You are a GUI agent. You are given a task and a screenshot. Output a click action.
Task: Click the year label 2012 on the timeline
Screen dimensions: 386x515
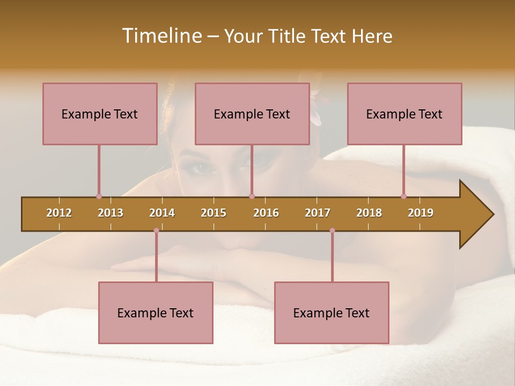59,213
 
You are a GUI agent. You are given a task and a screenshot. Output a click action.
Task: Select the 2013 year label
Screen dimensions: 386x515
111,213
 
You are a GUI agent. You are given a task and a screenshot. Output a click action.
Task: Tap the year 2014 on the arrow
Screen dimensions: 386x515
162,213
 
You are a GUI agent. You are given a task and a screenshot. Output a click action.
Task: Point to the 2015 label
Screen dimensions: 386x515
214,213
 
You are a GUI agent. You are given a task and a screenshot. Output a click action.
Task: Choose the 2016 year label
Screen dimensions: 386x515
266,213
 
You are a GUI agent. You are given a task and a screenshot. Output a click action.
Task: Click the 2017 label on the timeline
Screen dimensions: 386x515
318,213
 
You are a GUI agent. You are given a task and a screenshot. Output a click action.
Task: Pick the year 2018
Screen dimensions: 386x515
369,213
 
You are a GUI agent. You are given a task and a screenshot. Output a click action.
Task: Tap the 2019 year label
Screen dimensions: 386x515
421,213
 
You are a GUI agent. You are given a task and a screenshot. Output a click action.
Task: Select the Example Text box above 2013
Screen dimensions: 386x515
100,114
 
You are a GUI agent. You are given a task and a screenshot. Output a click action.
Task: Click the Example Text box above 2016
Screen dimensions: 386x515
252,114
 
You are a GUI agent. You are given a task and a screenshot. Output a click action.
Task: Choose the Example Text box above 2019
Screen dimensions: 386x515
404,114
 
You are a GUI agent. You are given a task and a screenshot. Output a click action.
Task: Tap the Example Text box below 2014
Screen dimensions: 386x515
156,313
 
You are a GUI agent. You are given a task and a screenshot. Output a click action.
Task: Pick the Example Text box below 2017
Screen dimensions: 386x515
332,313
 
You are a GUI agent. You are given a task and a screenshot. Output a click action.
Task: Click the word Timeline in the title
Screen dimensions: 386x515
160,36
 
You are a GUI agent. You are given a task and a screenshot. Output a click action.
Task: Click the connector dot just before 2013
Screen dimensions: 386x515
99,196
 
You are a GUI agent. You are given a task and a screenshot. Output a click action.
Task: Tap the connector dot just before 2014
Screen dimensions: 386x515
156,231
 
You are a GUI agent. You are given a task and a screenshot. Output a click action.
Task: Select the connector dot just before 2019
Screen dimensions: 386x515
403,196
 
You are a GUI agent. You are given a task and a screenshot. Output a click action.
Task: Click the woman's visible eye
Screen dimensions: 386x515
202,168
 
